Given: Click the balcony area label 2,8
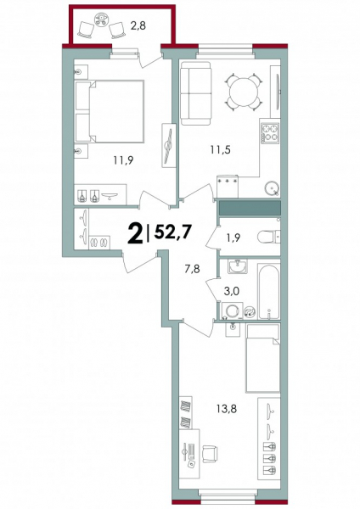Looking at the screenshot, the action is [x=138, y=25].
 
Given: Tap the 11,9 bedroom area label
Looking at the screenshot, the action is [x=123, y=160].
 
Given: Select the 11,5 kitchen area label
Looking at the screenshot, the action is [x=220, y=149].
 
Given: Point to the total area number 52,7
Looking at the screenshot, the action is [x=172, y=232].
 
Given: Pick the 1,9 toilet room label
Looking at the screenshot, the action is [x=233, y=238].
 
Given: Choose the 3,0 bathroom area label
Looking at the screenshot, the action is [x=231, y=291].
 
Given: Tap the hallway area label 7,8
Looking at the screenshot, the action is [x=193, y=269].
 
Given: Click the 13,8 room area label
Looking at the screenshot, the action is [x=227, y=409].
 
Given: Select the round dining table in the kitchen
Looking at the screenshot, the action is [x=244, y=92].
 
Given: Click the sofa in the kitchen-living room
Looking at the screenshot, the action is [x=196, y=93].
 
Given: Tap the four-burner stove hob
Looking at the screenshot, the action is [x=270, y=133].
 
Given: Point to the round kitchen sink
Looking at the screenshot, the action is [x=272, y=188].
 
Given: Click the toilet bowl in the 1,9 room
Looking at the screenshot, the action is [x=268, y=237].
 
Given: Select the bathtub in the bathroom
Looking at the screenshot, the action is [x=269, y=291].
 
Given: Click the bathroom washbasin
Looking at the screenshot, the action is [x=237, y=266].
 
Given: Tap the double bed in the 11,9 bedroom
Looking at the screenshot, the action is [x=110, y=111].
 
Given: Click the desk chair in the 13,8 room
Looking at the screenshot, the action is [x=210, y=451].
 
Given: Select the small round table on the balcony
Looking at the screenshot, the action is [x=101, y=20].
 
